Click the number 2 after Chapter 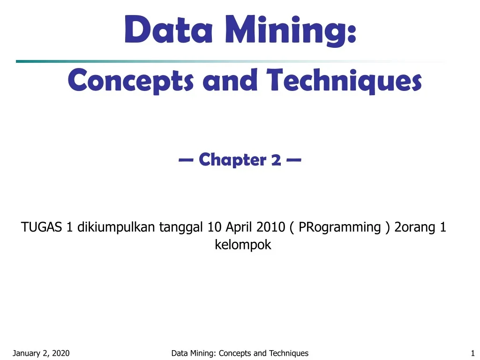[276, 160]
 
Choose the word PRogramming [340, 228]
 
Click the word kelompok [243, 245]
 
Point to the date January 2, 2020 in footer [41, 353]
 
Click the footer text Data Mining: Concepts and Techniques [240, 353]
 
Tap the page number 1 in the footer [472, 353]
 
